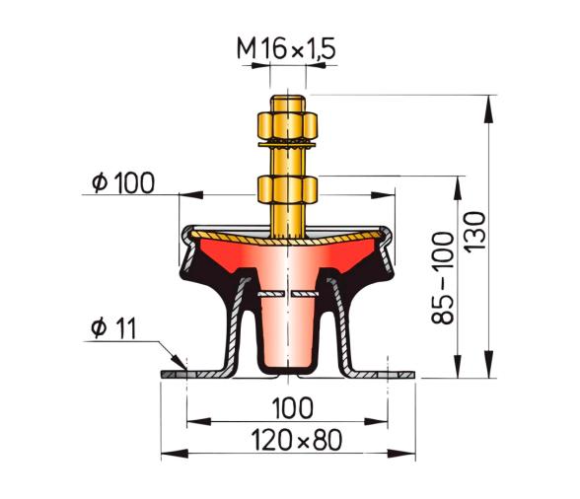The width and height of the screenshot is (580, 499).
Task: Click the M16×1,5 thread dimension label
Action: pyautogui.click(x=285, y=45)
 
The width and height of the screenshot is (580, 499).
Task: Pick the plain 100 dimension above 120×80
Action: pyautogui.click(x=288, y=406)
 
